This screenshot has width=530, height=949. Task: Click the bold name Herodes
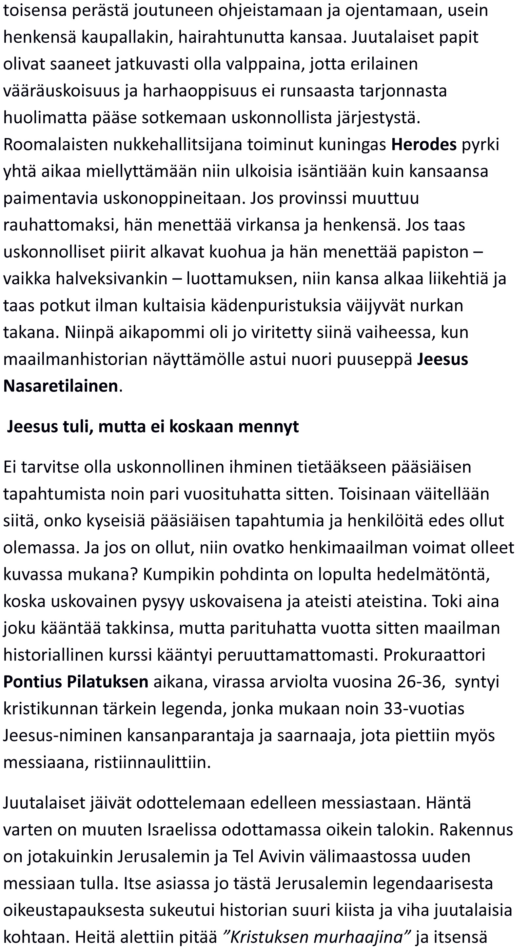pyautogui.click(x=423, y=144)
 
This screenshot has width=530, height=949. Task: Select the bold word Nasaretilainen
pyautogui.click(x=60, y=386)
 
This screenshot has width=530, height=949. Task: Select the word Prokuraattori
pyautogui.click(x=434, y=654)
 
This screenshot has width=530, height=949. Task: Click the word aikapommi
pyautogui.click(x=171, y=332)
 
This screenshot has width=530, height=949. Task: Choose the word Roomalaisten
pyautogui.click(x=55, y=144)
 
